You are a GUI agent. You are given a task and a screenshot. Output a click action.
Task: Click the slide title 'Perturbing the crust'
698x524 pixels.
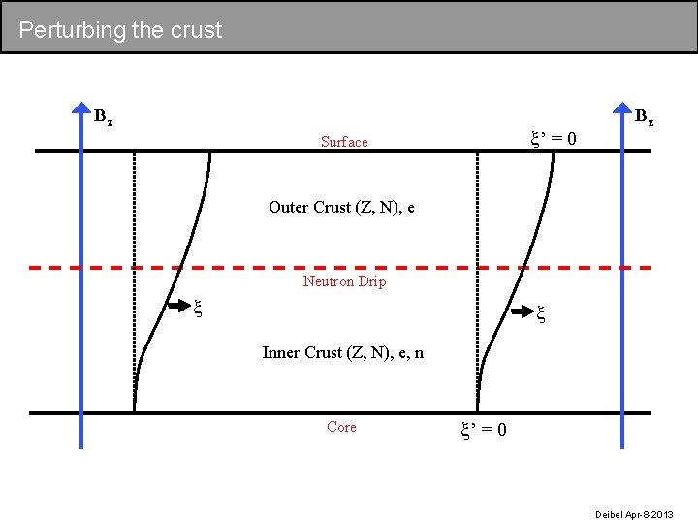coord(120,30)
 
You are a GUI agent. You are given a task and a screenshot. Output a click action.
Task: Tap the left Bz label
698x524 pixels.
coord(103,117)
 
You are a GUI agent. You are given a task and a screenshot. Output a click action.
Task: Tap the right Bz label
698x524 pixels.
coord(644,117)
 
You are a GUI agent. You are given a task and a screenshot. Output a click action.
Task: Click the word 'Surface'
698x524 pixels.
coord(344,142)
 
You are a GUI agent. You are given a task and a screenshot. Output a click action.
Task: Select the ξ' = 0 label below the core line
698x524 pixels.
coord(482,429)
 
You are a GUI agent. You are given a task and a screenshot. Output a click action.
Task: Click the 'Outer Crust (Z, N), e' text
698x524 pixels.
coord(341,207)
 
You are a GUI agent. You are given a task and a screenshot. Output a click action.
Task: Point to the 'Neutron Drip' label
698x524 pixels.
coord(344,281)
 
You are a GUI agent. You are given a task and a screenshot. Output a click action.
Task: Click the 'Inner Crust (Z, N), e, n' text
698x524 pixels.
coord(342,352)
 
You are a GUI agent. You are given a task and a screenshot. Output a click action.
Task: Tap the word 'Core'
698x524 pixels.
coord(341,427)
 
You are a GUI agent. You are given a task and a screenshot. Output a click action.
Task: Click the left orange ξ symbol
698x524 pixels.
coord(198,309)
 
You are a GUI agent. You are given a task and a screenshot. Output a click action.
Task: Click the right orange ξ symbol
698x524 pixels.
coord(541,312)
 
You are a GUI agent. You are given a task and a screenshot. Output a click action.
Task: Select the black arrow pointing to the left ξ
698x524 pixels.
coord(179,308)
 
